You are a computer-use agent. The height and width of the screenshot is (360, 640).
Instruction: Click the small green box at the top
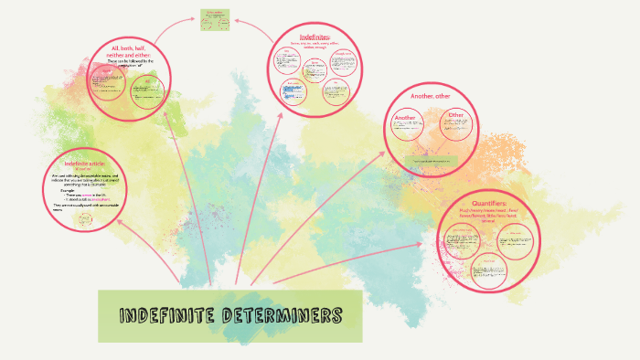click(215, 19)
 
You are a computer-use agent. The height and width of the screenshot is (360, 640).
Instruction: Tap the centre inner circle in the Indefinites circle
click(314, 69)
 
